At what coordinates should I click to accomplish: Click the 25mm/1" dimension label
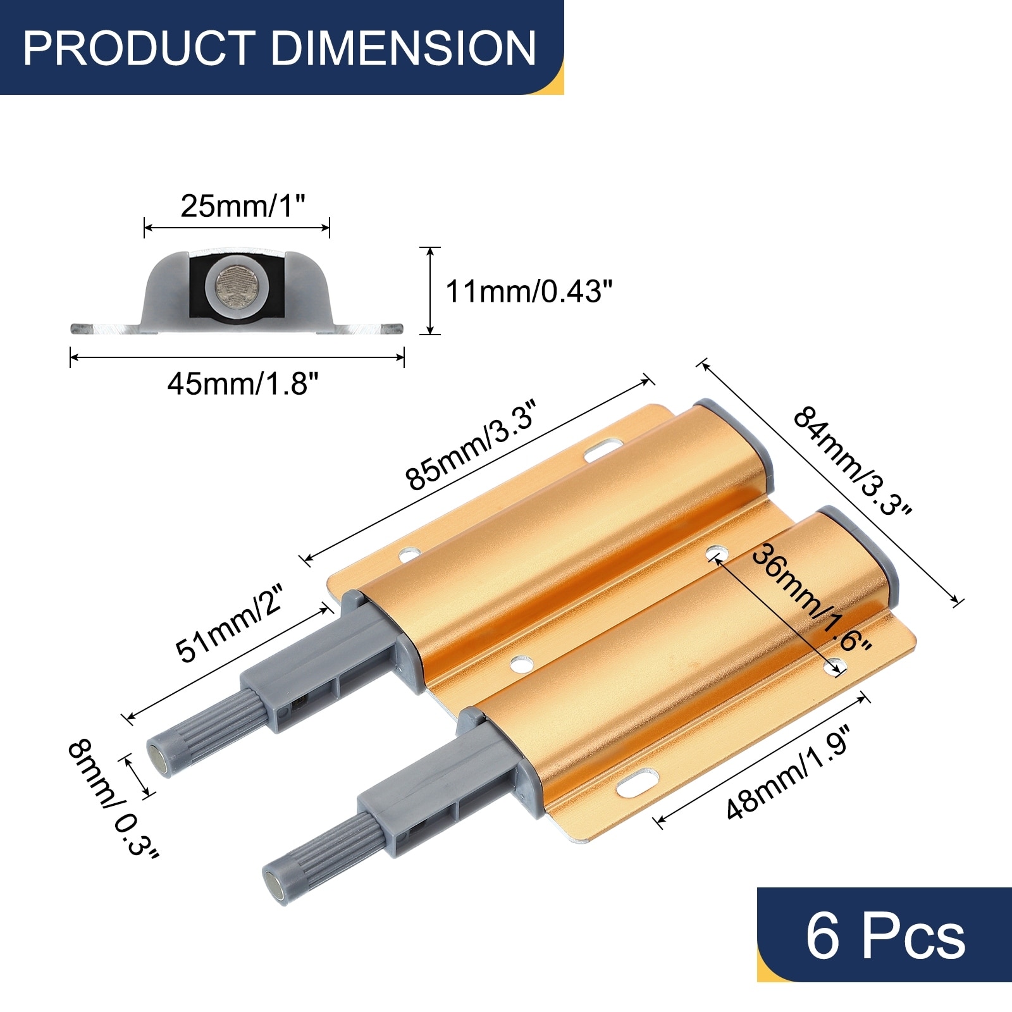pyautogui.click(x=243, y=206)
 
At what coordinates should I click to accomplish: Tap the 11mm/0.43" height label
pyautogui.click(x=529, y=292)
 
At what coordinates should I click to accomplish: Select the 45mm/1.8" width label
pyautogui.click(x=243, y=383)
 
